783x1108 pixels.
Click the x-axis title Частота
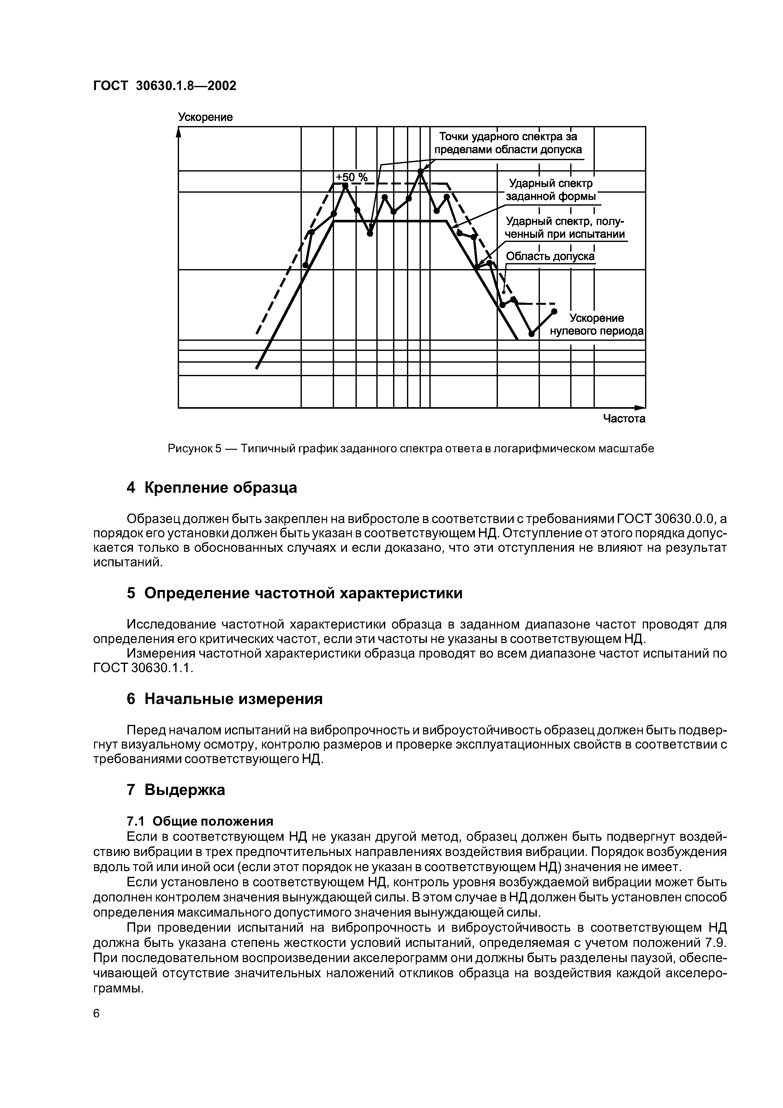(x=624, y=419)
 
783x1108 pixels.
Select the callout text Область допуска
(x=550, y=256)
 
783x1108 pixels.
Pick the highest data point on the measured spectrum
(x=420, y=171)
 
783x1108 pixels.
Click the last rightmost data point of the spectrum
(x=554, y=311)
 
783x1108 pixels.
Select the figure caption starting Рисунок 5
(x=410, y=449)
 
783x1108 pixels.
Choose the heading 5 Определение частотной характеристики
(x=294, y=593)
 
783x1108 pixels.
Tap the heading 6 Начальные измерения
(x=225, y=699)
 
